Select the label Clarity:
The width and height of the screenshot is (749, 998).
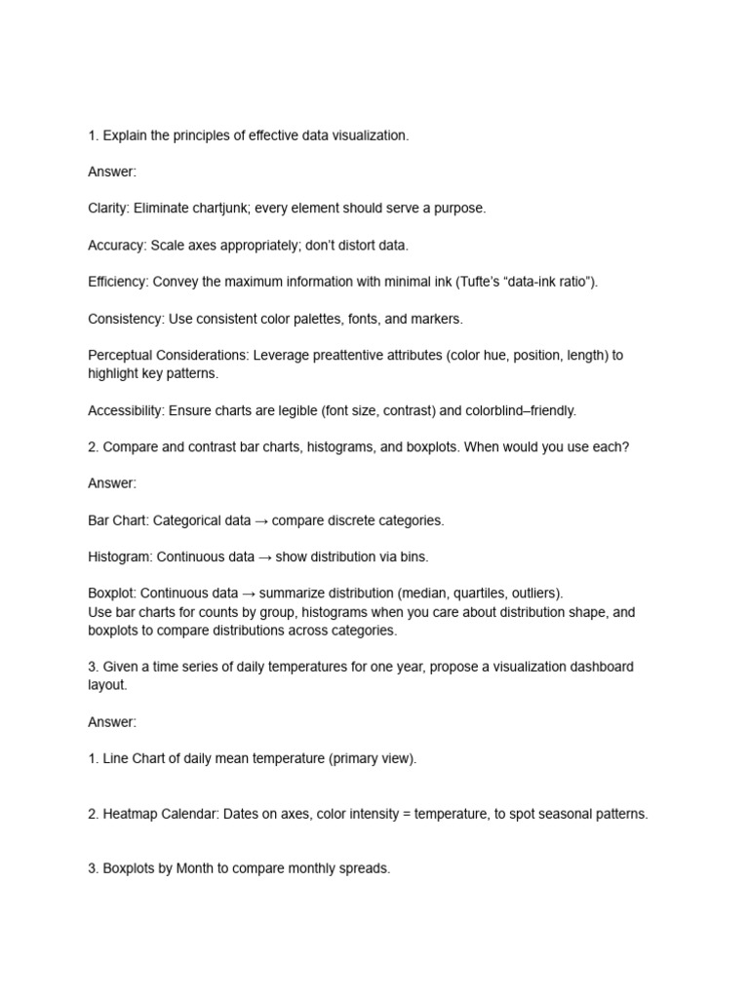108,209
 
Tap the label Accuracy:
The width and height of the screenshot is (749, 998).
117,246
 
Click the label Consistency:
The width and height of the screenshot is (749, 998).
126,319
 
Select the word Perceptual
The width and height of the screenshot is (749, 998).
119,356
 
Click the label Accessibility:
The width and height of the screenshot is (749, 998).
126,410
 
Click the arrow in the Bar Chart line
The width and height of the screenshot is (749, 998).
261,520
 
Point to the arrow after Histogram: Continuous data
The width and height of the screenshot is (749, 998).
264,557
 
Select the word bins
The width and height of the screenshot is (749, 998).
414,557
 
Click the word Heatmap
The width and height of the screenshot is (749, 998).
131,814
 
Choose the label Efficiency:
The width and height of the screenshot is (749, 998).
118,282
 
